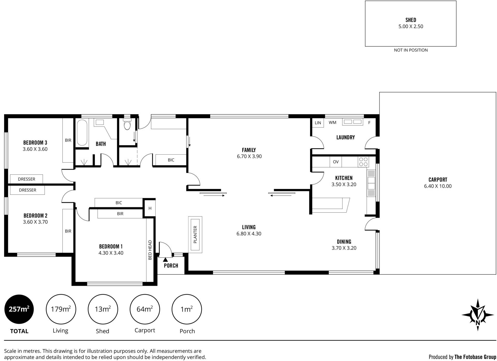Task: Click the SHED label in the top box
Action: coord(411,20)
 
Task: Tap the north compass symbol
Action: coord(478,315)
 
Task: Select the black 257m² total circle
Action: coord(19,309)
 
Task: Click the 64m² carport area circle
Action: coord(145,309)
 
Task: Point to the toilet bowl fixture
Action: coord(127,124)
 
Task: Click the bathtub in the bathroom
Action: coord(82,133)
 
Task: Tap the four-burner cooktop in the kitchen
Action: coord(363,162)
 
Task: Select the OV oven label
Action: coord(336,162)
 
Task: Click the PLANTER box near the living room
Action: coord(195,235)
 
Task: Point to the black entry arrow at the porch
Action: coord(165,259)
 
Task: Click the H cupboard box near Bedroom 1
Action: coord(150,208)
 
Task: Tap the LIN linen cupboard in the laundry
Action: coord(318,123)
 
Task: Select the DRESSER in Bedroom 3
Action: coord(26,179)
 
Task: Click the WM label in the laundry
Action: coord(333,122)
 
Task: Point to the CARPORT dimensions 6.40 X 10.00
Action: coord(438,186)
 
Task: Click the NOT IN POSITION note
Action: coord(411,50)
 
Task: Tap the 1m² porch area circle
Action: coord(187,309)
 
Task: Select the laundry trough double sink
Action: coord(353,122)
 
